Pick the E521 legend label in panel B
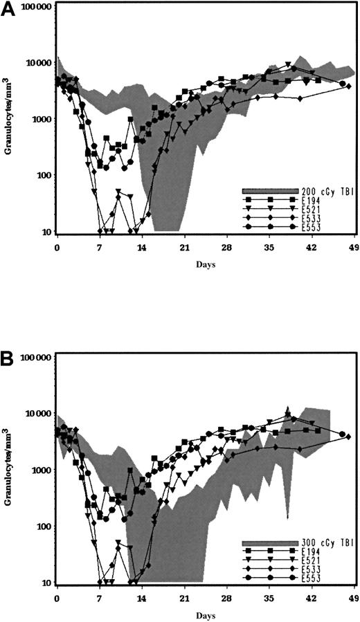[311, 560]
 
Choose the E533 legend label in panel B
[311, 569]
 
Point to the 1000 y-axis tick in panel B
[40, 470]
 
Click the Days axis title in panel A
[204, 264]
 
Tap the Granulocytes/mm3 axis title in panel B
[10, 470]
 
